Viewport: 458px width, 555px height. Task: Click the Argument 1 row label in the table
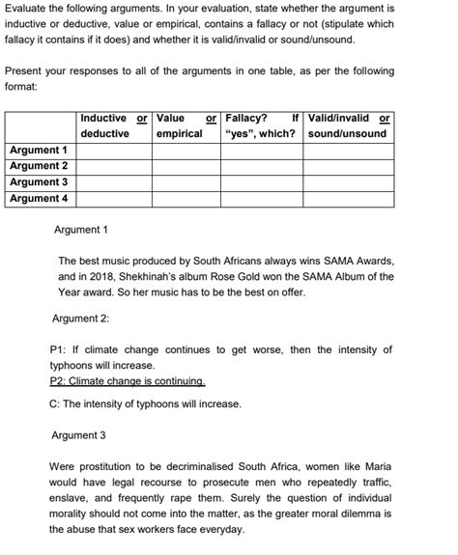pos(39,151)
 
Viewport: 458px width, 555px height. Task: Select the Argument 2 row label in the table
pos(39,166)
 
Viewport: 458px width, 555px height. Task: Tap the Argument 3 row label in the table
pos(39,182)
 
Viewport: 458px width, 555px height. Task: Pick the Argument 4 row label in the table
pos(39,199)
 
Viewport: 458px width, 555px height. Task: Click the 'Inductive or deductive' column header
pos(114,125)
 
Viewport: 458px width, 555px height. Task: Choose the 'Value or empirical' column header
pos(186,125)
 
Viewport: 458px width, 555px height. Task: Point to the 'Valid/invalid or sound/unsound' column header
pos(349,125)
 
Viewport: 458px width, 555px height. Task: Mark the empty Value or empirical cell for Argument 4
pos(186,199)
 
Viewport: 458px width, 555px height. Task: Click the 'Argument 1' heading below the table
pos(81,230)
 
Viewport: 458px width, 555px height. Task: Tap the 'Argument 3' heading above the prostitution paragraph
pos(78,435)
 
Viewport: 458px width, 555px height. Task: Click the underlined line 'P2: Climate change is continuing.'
pos(127,381)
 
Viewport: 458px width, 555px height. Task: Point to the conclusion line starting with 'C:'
pos(145,404)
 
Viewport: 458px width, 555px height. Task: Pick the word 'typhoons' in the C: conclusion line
pos(152,404)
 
